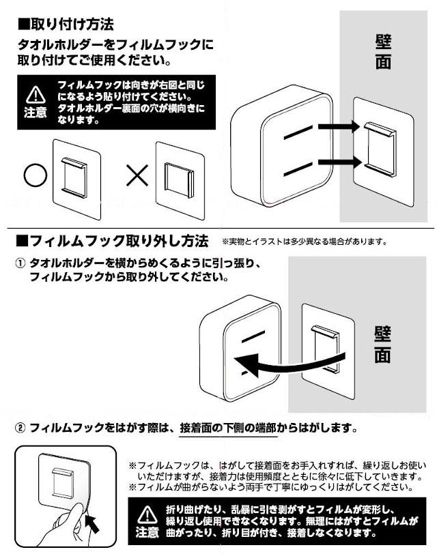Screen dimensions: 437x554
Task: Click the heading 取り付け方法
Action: point(66,25)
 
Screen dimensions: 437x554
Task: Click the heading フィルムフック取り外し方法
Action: point(113,242)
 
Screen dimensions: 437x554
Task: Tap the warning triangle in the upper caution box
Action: point(36,95)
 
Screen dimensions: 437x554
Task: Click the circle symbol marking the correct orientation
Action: point(36,175)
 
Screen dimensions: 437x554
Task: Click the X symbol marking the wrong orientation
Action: point(137,175)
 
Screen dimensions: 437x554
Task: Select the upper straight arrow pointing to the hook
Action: point(339,127)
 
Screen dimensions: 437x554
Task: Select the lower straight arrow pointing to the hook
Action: point(340,162)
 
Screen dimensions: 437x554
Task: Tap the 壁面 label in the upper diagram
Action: point(383,52)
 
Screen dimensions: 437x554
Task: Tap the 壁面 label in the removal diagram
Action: point(382,345)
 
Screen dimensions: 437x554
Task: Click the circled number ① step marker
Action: point(21,263)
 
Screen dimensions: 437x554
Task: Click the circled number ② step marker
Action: point(21,428)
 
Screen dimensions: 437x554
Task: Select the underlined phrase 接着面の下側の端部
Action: point(228,428)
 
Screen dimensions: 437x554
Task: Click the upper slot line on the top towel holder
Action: point(298,132)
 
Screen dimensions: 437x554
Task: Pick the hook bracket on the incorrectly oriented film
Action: point(179,180)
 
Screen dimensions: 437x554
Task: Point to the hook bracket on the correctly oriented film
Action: point(74,177)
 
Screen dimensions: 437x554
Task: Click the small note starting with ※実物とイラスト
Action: point(304,242)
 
